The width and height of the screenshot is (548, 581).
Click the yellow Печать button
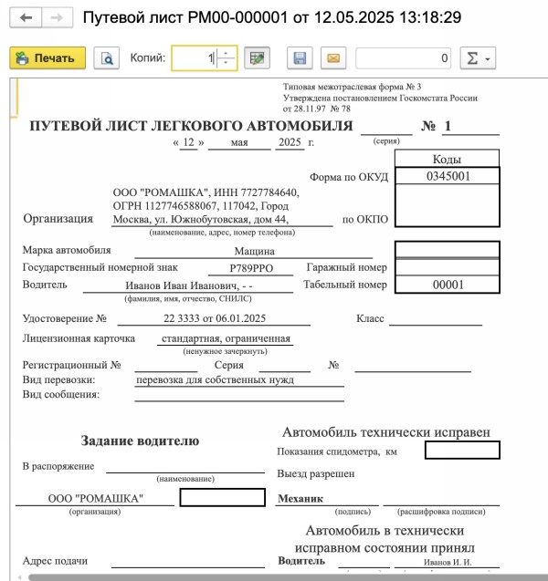pyautogui.click(x=47, y=58)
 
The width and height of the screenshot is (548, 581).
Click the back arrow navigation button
pyautogui.click(x=25, y=17)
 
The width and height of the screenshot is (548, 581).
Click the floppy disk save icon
pyautogui.click(x=299, y=58)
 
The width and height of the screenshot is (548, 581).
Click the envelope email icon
pyautogui.click(x=333, y=58)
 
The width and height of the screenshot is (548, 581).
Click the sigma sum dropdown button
pyautogui.click(x=476, y=58)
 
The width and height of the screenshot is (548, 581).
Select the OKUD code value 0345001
pyautogui.click(x=448, y=176)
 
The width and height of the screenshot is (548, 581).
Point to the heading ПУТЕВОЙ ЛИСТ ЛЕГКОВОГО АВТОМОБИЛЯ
pyautogui.click(x=191, y=127)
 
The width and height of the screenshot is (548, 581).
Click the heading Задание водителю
pyautogui.click(x=140, y=441)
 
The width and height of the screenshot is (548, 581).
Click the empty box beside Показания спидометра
pyautogui.click(x=461, y=450)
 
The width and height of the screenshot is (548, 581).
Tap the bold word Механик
pyautogui.click(x=300, y=499)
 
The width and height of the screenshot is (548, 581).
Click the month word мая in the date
pyautogui.click(x=239, y=142)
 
